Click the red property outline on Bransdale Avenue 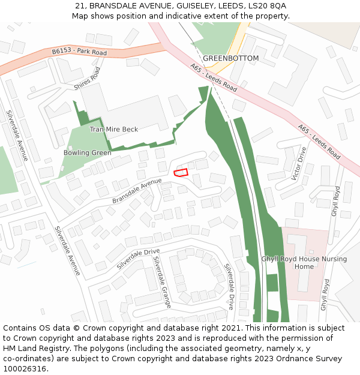click(181, 172)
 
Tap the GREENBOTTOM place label click(230, 58)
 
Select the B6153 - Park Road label click(79, 52)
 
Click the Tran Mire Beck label click(114, 129)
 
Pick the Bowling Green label click(88, 153)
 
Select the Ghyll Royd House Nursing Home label click(304, 263)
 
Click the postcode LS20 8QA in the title click(269, 5)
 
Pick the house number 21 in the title click(79, 5)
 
